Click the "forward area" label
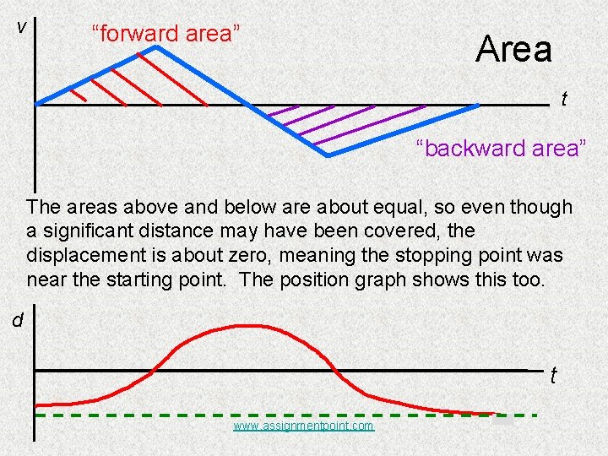tap(166, 35)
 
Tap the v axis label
tap(23, 27)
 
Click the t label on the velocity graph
tap(564, 100)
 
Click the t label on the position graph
tap(553, 376)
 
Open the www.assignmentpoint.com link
tap(303, 426)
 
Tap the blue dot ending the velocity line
tap(477, 106)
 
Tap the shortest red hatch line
tap(79, 95)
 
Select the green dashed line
tap(287, 415)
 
